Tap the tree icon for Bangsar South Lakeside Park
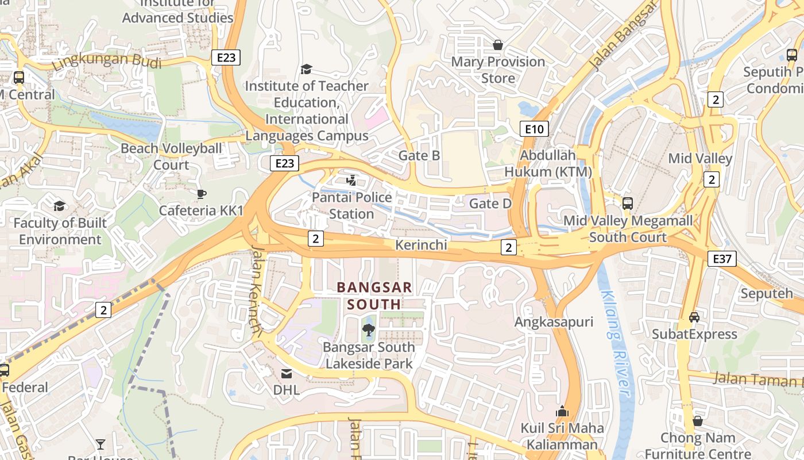(369, 330)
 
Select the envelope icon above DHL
(286, 374)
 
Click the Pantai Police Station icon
(351, 181)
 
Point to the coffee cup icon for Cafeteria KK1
(201, 194)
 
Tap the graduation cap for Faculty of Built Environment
(59, 206)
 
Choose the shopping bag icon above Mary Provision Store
(498, 45)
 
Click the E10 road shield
(534, 129)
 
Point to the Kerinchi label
(421, 245)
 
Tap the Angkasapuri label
(554, 322)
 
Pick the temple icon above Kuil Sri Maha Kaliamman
(562, 411)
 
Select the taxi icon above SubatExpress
(694, 317)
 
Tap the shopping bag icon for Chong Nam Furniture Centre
(697, 421)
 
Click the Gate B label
(419, 155)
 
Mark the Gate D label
(490, 204)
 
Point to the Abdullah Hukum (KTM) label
(548, 163)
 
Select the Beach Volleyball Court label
(171, 156)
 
